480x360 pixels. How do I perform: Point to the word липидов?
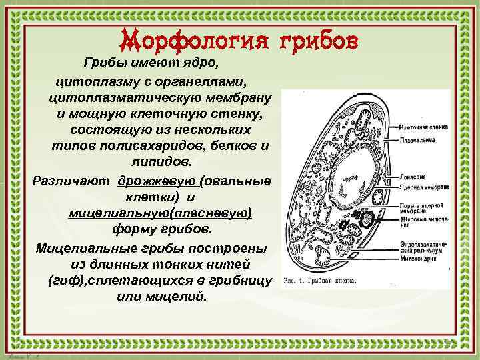click(159, 163)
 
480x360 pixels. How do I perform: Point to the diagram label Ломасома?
click(414, 178)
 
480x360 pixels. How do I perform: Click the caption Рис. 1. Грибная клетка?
click(320, 281)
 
